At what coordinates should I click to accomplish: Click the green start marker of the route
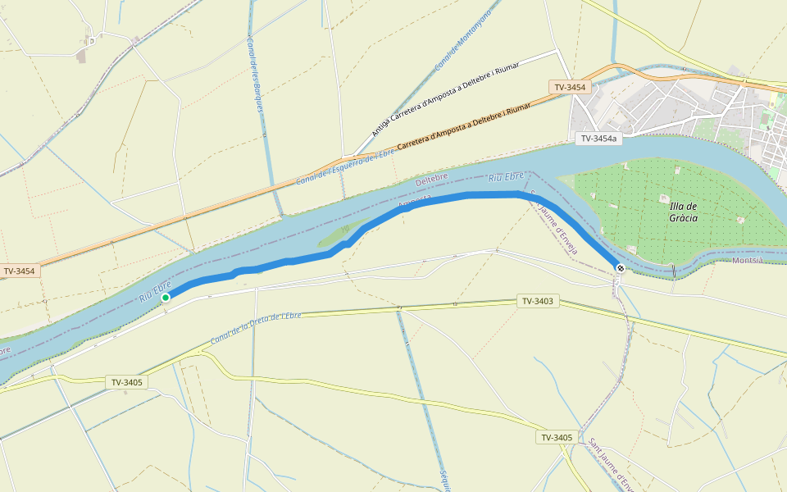click(165, 297)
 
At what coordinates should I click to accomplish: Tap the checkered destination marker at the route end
click(621, 268)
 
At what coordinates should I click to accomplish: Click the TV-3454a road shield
click(598, 139)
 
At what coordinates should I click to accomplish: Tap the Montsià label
click(747, 260)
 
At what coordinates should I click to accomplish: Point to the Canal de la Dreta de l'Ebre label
click(257, 327)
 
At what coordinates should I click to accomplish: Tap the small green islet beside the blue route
click(334, 237)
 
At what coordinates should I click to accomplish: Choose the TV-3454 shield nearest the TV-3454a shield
click(570, 87)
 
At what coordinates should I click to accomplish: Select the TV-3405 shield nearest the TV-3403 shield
click(556, 437)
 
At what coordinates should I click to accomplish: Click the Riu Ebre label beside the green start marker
click(154, 289)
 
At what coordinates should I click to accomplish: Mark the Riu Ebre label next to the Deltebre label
click(505, 176)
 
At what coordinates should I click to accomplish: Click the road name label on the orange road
click(463, 126)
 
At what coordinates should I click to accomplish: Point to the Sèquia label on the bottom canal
click(444, 479)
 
